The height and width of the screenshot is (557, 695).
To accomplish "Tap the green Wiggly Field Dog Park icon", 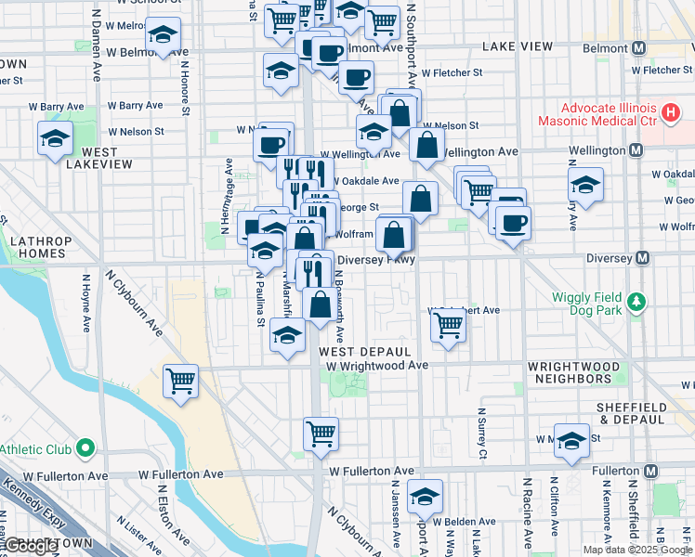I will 636,303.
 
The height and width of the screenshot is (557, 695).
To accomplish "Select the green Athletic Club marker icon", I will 85,449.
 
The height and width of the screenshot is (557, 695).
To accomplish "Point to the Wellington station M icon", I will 636,150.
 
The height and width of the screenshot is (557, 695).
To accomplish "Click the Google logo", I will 32,546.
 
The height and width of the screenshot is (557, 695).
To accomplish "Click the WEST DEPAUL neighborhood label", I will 365,353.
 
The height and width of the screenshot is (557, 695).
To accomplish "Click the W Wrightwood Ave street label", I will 377,366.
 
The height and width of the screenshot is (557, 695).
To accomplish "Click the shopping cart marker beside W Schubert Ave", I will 448,326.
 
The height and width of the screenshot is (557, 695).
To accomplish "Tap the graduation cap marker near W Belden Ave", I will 425,496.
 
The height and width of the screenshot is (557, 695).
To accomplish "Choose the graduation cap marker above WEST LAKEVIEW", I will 55,139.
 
